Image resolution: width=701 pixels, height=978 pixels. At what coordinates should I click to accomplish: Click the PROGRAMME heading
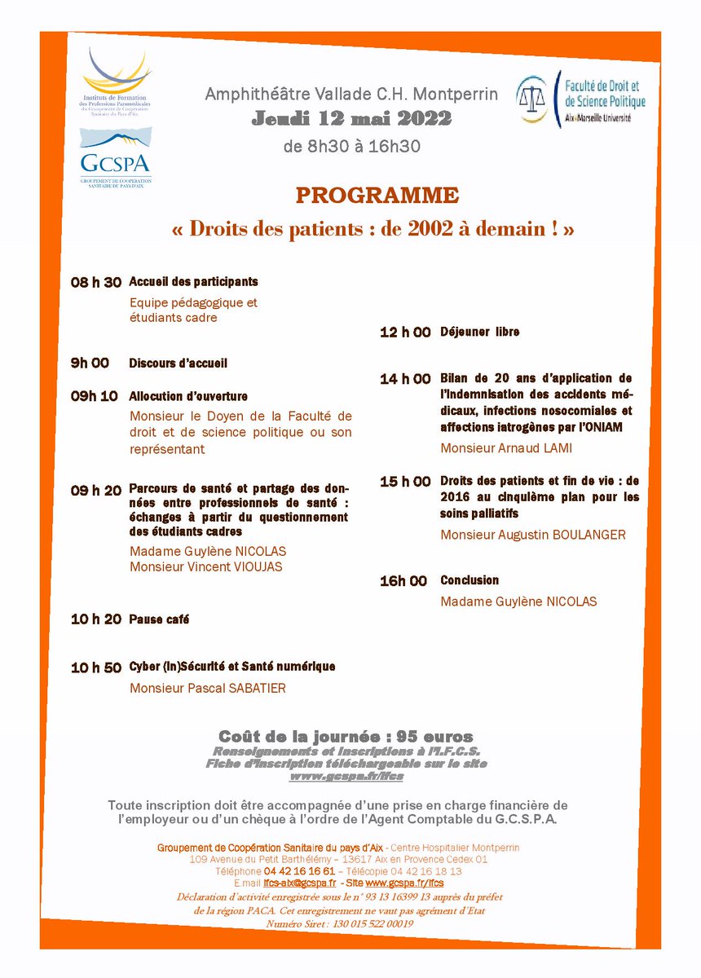(377, 196)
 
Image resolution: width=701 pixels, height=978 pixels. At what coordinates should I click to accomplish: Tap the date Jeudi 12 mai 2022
(350, 119)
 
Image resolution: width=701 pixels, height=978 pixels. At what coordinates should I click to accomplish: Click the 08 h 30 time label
(95, 282)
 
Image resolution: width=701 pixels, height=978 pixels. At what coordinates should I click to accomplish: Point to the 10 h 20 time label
(95, 619)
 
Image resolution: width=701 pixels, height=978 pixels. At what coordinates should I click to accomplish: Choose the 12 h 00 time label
(405, 333)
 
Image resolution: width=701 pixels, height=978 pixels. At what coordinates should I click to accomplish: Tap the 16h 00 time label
(403, 581)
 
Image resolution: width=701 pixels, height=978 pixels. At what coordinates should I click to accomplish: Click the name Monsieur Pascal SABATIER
(208, 688)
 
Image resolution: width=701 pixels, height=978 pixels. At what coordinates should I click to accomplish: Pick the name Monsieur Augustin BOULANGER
(533, 535)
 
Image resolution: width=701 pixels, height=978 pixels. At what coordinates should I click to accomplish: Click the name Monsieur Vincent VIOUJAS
(206, 566)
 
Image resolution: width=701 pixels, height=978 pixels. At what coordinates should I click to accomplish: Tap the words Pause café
(159, 619)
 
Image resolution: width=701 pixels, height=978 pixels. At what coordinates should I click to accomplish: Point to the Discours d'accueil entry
(178, 363)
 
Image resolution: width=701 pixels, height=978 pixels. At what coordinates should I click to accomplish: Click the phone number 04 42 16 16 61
(299, 870)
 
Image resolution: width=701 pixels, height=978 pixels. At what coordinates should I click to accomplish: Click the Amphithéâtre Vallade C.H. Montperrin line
(350, 95)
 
